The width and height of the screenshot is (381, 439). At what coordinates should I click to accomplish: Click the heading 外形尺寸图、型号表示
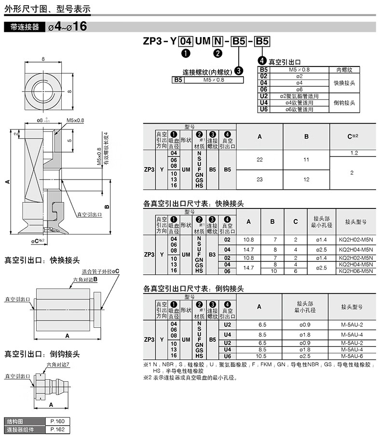pos(47,9)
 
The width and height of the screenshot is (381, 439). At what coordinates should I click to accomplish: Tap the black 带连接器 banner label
pos(25,27)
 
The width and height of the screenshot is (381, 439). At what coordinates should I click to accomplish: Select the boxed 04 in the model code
pos(186,41)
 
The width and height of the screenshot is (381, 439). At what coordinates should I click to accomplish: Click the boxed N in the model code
pos(218,41)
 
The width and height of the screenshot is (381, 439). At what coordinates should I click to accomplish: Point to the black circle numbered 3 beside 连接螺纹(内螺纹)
pos(238,71)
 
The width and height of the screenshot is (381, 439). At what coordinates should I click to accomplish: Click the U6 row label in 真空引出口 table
pos(264,109)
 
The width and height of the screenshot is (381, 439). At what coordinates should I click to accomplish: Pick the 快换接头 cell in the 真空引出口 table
pos(344,83)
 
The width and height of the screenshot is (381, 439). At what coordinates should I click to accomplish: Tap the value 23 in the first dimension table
pos(259,179)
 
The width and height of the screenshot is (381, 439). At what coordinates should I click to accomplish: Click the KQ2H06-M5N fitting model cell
pos(356,271)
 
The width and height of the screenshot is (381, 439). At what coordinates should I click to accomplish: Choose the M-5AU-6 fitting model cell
pos(352,356)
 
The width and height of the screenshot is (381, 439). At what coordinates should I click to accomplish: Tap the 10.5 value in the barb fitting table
pos(261,356)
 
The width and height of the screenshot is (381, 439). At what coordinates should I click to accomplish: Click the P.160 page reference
pos(57,421)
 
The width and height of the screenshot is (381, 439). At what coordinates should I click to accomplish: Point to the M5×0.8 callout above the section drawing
pos(75,120)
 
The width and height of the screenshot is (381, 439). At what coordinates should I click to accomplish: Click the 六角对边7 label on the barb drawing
pos(58,364)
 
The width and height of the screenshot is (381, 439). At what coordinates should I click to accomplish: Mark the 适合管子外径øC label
pos(100,271)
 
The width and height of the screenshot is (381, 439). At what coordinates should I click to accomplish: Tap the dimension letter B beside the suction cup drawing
pos(107,207)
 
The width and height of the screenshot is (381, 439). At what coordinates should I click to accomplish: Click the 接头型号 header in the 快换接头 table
pos(356,222)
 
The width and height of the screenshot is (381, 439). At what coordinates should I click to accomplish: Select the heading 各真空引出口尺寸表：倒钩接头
pos(193,288)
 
